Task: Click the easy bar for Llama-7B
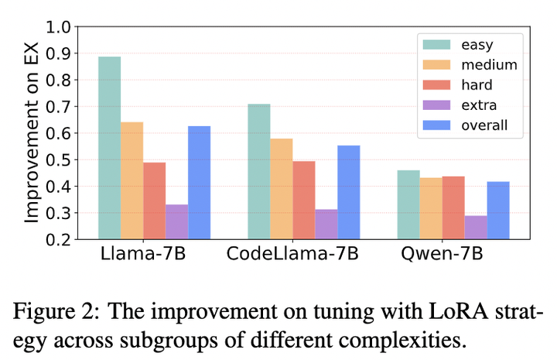pos(109,147)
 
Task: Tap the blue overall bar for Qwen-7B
pos(498,210)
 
